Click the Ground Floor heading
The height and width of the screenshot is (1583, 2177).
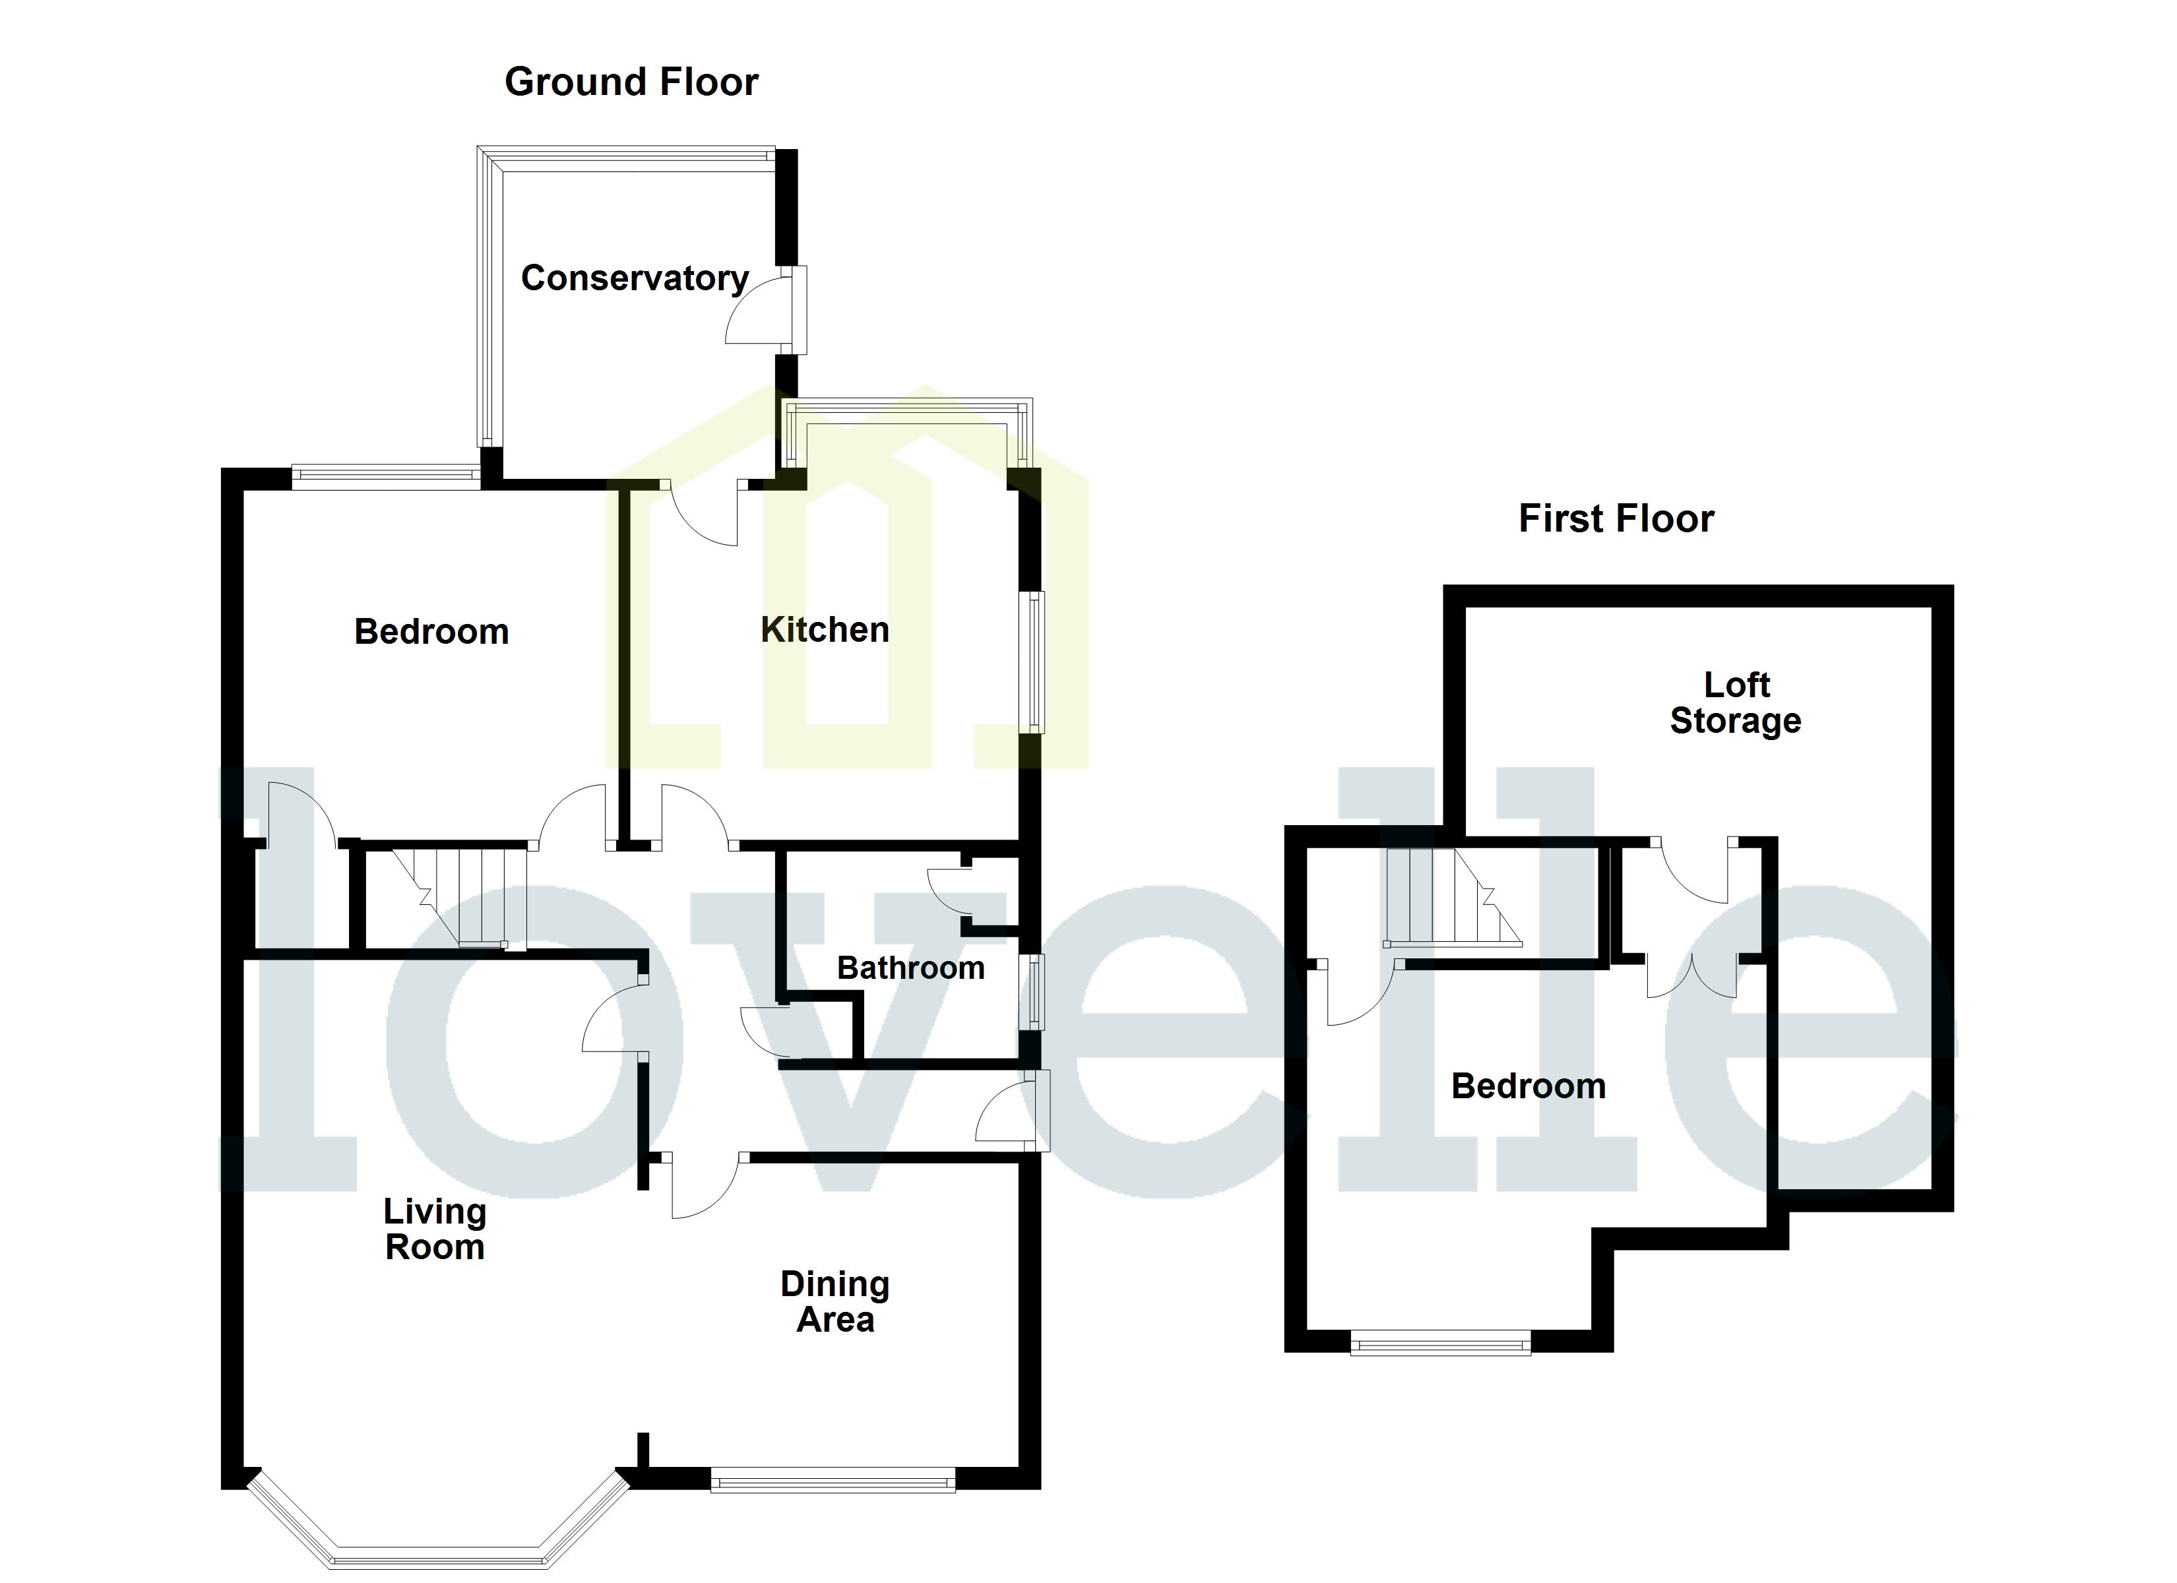click(x=631, y=82)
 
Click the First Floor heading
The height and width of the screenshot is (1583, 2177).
click(x=1616, y=519)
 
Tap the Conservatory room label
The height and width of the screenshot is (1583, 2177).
click(x=635, y=278)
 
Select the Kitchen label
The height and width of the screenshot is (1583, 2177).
click(x=825, y=631)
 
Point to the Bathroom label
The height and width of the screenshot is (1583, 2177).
click(x=910, y=968)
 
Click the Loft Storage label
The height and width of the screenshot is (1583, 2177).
click(x=1736, y=702)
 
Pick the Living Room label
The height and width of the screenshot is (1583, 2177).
click(x=435, y=1229)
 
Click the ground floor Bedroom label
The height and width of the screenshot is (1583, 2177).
click(x=431, y=632)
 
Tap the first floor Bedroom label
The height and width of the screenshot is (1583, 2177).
click(x=1528, y=1086)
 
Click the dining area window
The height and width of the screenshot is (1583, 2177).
click(x=833, y=1479)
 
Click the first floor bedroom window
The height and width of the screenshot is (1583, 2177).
click(x=1440, y=1342)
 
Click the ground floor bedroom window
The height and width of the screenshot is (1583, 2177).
click(x=386, y=472)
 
